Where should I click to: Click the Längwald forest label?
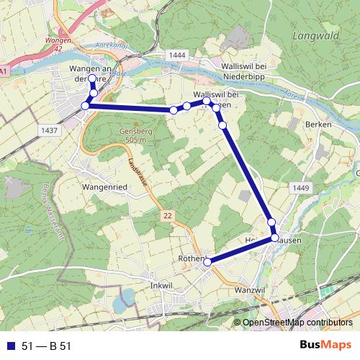coord(315,35)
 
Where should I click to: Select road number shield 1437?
coord(50,130)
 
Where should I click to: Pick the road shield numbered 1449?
coord(301,188)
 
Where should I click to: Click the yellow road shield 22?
coord(167,215)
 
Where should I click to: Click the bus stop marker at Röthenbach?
coord(207,262)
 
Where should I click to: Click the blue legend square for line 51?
coord(12,346)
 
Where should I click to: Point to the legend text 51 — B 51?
coord(48,346)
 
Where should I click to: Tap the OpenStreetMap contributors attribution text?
coord(296,323)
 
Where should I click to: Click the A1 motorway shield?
coord(4,72)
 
